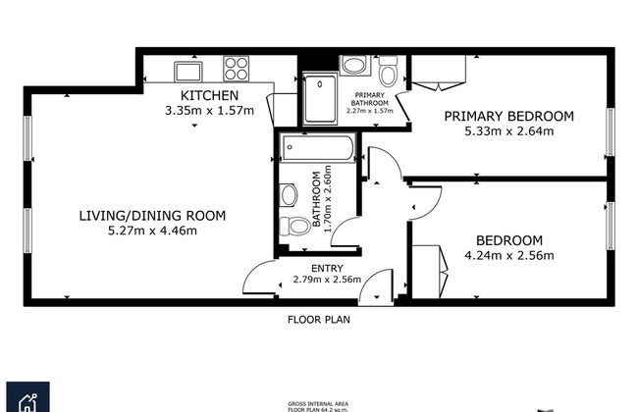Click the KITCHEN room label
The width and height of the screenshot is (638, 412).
click(209, 95)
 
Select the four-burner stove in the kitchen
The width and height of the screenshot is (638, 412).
click(236, 69)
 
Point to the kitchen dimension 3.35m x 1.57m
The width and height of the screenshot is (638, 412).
click(209, 110)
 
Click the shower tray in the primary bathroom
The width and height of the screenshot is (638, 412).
click(319, 98)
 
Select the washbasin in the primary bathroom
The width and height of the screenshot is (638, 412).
click(354, 66)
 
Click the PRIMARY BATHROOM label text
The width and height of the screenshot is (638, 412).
click(370, 98)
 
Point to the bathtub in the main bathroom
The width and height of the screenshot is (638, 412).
click(316, 149)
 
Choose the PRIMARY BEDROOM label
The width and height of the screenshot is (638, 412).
click(508, 116)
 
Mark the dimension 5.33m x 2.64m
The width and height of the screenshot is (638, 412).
click(508, 130)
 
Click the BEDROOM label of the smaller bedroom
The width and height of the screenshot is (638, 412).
click(508, 241)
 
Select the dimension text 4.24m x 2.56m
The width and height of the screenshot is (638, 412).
click(508, 256)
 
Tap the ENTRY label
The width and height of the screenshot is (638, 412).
click(327, 267)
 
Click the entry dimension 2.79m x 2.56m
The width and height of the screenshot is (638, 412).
click(327, 280)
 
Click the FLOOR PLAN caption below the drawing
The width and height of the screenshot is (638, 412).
click(318, 319)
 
